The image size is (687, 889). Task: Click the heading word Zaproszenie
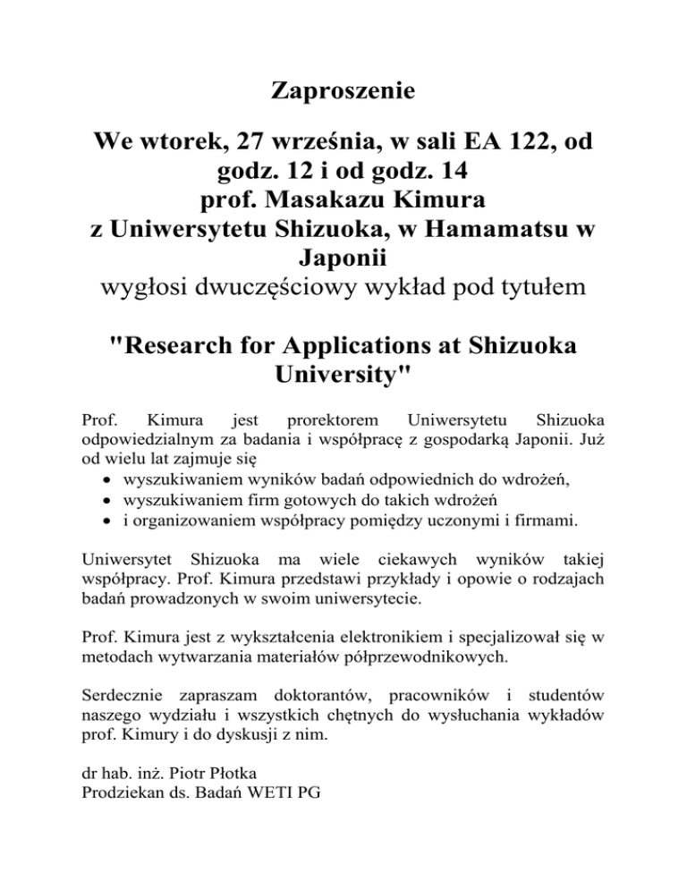343,92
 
